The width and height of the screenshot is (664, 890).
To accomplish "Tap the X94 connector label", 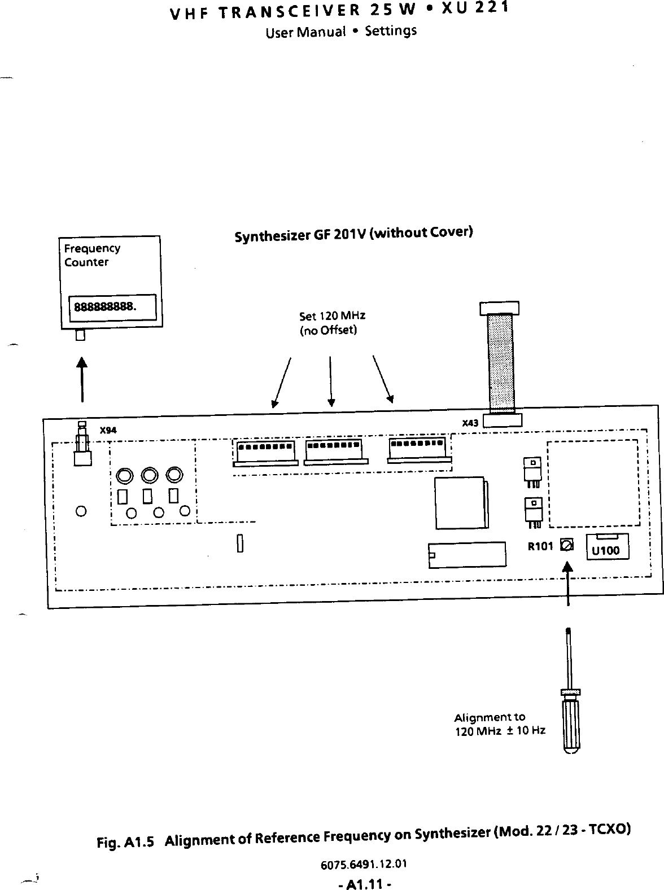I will [108, 431].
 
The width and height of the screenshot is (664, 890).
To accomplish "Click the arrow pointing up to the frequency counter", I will [82, 378].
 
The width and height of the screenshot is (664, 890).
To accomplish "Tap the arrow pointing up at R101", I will [567, 584].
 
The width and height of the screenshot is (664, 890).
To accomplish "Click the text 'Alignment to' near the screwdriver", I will [490, 718].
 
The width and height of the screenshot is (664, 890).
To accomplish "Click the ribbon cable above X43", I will [501, 361].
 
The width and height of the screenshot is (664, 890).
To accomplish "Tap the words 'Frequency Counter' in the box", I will [91, 255].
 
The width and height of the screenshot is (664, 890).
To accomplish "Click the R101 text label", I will [540, 546].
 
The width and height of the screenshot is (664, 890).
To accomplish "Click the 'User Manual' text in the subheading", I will [305, 32].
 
